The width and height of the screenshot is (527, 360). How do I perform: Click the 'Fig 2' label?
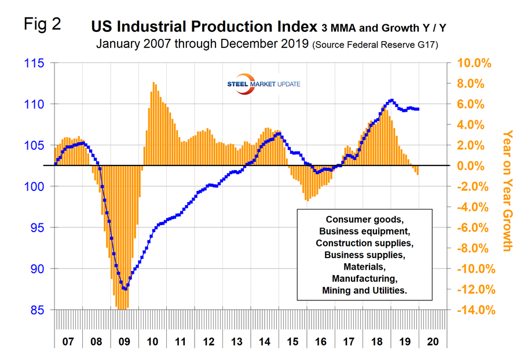41,25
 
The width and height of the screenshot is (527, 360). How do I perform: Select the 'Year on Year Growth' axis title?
507,190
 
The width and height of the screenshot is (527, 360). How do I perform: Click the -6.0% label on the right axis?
475,228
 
